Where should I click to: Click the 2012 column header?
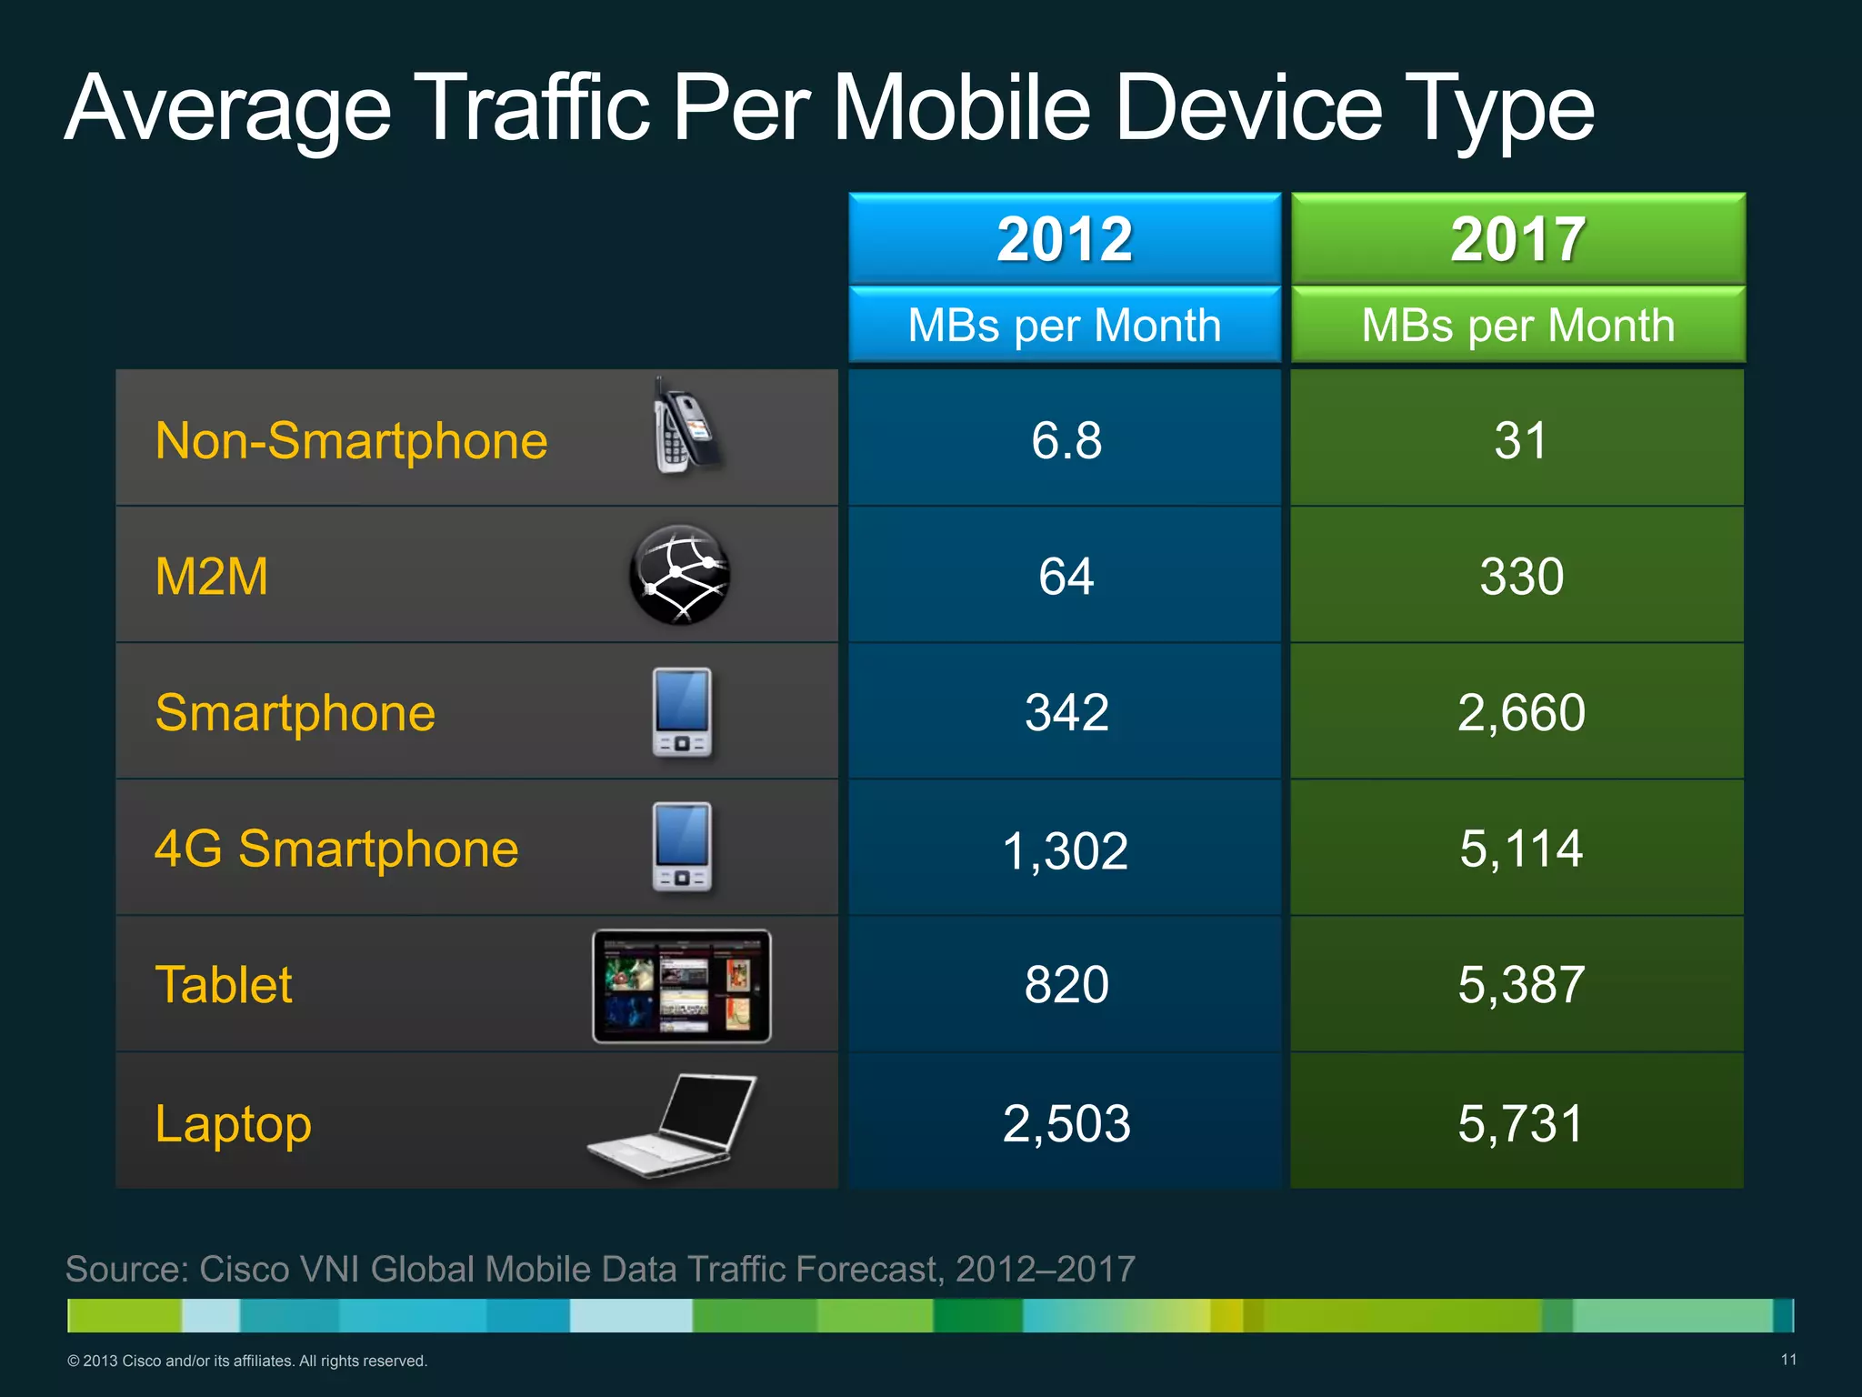point(1065,239)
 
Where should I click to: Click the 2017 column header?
point(1517,239)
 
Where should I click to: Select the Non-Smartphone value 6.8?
point(1066,440)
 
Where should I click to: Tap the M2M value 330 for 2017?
point(1520,577)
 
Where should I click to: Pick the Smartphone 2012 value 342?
point(1066,712)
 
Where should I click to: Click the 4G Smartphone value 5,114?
point(1520,849)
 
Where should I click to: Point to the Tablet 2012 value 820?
point(1066,985)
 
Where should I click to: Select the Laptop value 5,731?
point(1520,1123)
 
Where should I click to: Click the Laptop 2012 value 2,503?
point(1066,1123)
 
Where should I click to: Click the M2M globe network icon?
point(679,575)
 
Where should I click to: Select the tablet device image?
point(681,986)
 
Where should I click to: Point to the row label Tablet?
point(224,985)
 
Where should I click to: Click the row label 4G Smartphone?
point(335,849)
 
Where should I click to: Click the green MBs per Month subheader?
point(1517,325)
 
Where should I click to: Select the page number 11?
point(1787,1360)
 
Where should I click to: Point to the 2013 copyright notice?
point(246,1361)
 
